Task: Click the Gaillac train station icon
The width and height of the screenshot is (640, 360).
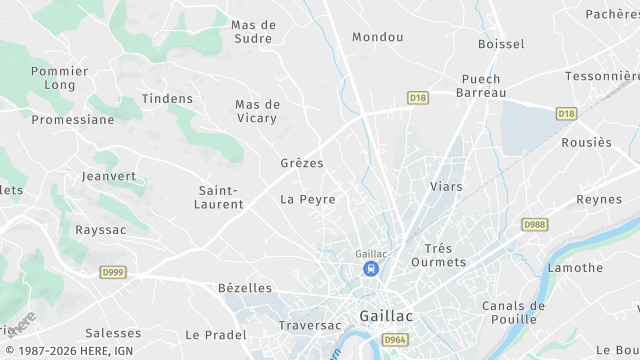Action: coord(371,269)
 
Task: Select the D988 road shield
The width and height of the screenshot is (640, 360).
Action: coord(536,225)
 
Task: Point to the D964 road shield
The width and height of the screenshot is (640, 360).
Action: coord(394,341)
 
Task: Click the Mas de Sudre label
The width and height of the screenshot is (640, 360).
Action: coord(253,31)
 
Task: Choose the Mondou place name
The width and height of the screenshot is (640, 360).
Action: coord(378,37)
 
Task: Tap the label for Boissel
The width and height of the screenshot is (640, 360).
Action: coord(501,44)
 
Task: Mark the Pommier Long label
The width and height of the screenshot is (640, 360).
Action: coord(60,78)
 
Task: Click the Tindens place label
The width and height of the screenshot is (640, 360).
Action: coord(167,98)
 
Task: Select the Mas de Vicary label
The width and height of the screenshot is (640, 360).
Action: coord(258,111)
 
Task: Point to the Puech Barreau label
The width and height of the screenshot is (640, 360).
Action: coord(481,85)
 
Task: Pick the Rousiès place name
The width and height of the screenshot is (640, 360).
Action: coord(586,142)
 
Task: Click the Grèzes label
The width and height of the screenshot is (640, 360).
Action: coord(302,162)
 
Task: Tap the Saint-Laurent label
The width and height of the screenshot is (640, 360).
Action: coord(221,197)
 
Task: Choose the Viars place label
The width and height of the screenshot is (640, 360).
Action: coord(446,186)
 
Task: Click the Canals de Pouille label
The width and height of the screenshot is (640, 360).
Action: coord(513,313)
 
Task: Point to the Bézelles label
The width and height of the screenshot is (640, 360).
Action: coord(245,288)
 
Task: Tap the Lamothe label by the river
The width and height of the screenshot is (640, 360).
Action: coord(575,267)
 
